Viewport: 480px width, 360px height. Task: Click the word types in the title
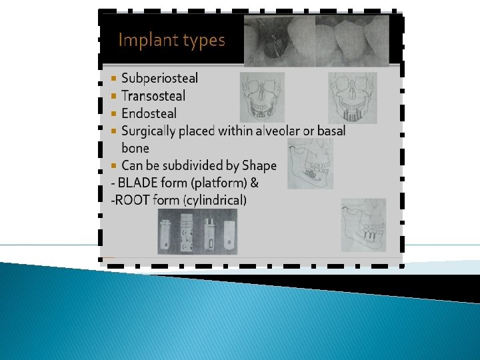point(203,41)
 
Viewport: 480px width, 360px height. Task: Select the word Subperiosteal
point(159,78)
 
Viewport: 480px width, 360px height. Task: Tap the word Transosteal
point(153,96)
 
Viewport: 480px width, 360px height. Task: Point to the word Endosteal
point(149,113)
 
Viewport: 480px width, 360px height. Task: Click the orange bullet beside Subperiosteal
point(114,79)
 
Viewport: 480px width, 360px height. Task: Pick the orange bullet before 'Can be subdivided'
point(114,165)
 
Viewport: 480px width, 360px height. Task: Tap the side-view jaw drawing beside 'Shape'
point(309,164)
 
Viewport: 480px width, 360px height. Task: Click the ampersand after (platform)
point(254,183)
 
